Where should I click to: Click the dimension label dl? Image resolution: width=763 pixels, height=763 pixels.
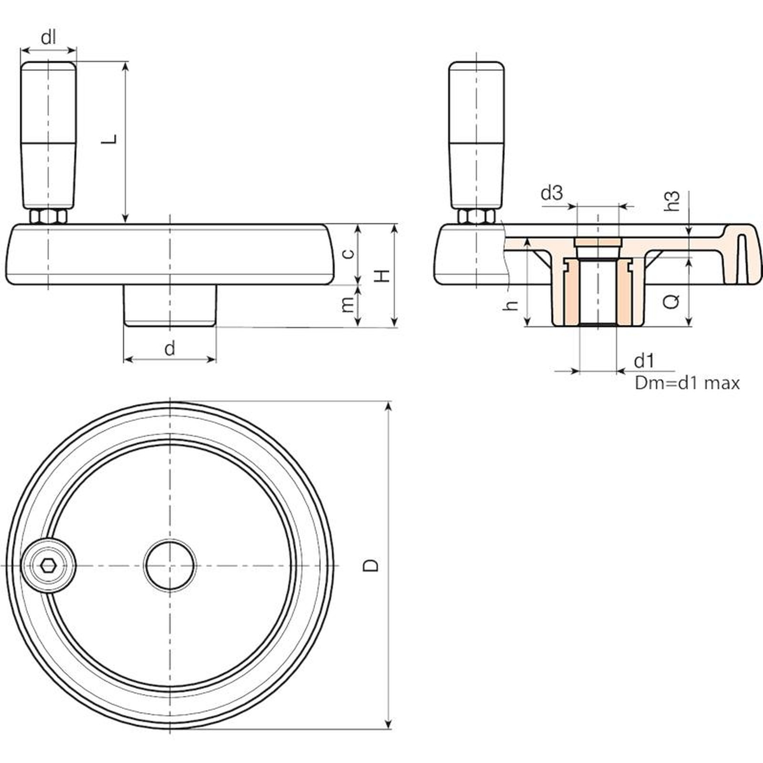click(x=48, y=37)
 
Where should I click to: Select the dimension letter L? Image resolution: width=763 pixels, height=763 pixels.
click(x=110, y=139)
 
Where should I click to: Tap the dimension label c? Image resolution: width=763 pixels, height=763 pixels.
click(x=349, y=253)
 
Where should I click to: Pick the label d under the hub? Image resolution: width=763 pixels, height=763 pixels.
click(x=170, y=349)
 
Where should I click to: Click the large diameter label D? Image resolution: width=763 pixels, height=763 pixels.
click(x=371, y=565)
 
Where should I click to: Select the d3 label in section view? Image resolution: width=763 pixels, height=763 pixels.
click(x=552, y=193)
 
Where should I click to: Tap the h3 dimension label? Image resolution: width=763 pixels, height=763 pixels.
click(x=672, y=201)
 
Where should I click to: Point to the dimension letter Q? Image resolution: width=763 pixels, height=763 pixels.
click(x=672, y=300)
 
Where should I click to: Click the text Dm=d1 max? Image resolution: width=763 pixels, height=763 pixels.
click(x=687, y=383)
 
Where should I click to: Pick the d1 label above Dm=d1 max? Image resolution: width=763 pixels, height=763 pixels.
click(x=644, y=361)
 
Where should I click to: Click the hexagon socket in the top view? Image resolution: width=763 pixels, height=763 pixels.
click(x=48, y=566)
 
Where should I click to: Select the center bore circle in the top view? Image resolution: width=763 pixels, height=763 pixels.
click(x=170, y=566)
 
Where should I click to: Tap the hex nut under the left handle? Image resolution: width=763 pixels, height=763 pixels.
click(x=48, y=217)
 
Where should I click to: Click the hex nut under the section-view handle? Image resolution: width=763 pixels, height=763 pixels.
click(x=476, y=217)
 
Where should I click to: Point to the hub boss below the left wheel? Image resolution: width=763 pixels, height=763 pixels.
click(x=170, y=306)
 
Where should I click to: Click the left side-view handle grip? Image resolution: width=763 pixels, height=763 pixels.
click(x=48, y=136)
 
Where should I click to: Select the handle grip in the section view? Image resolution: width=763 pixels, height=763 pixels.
click(x=476, y=136)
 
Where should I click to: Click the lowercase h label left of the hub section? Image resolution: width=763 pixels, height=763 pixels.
click(x=511, y=305)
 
